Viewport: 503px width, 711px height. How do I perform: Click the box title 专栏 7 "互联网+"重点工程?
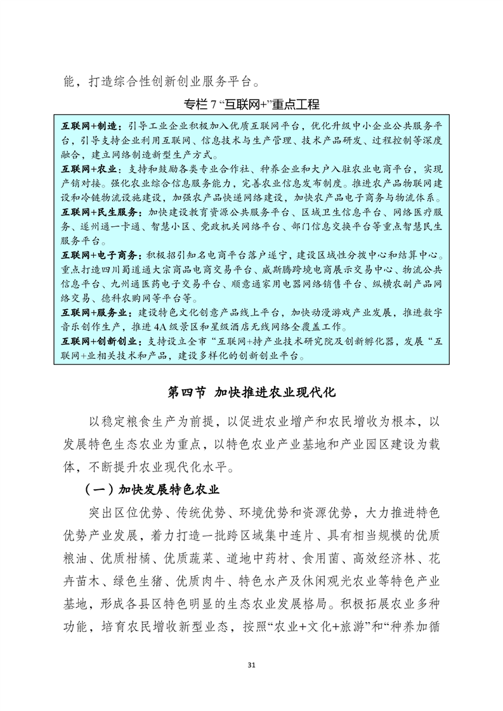(251, 104)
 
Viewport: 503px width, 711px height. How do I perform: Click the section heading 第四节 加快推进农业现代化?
(251, 392)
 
